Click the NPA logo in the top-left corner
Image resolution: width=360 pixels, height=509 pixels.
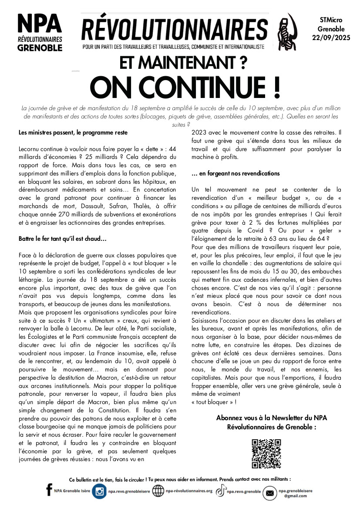click(x=40, y=33)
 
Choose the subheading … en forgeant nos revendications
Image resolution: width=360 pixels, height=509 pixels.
click(x=236, y=173)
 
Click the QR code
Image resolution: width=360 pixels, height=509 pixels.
click(x=266, y=454)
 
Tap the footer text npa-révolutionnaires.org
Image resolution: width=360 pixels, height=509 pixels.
click(x=189, y=491)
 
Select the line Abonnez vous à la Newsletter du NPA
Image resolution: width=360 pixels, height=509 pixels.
click(x=271, y=418)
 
